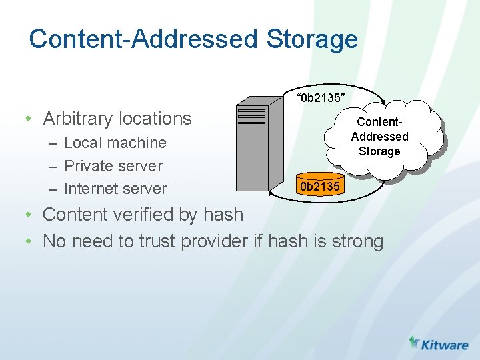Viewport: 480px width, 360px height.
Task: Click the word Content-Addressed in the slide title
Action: point(144,39)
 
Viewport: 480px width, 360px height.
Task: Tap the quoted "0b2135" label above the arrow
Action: point(323,99)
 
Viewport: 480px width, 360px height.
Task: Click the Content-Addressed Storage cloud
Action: point(382,136)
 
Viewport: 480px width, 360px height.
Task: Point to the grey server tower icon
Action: point(253,147)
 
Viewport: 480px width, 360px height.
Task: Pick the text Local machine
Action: point(115,143)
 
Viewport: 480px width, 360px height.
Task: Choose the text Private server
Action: point(113,165)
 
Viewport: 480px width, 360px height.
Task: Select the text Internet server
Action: point(115,189)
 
